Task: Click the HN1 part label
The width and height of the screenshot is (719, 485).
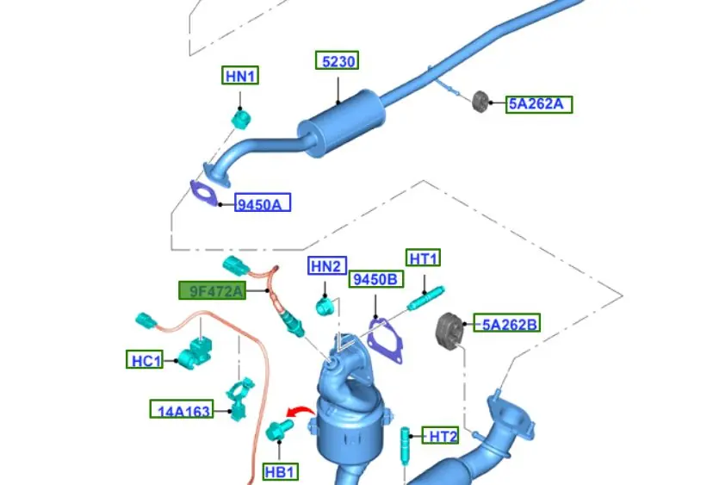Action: point(240,76)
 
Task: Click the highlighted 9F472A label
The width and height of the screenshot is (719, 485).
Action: point(212,291)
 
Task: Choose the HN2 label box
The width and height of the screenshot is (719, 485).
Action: point(326,266)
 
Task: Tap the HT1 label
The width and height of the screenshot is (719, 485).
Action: point(424,258)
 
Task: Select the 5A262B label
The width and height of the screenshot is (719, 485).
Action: point(510,324)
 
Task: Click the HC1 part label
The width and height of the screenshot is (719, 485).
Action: point(144,360)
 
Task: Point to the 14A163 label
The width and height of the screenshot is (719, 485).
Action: point(181,411)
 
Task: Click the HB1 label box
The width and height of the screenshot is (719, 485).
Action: point(280,471)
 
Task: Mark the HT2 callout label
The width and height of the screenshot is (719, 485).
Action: point(440,437)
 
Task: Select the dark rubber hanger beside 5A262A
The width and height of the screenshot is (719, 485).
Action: point(480,100)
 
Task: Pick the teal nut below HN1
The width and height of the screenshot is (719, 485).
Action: point(242,117)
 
